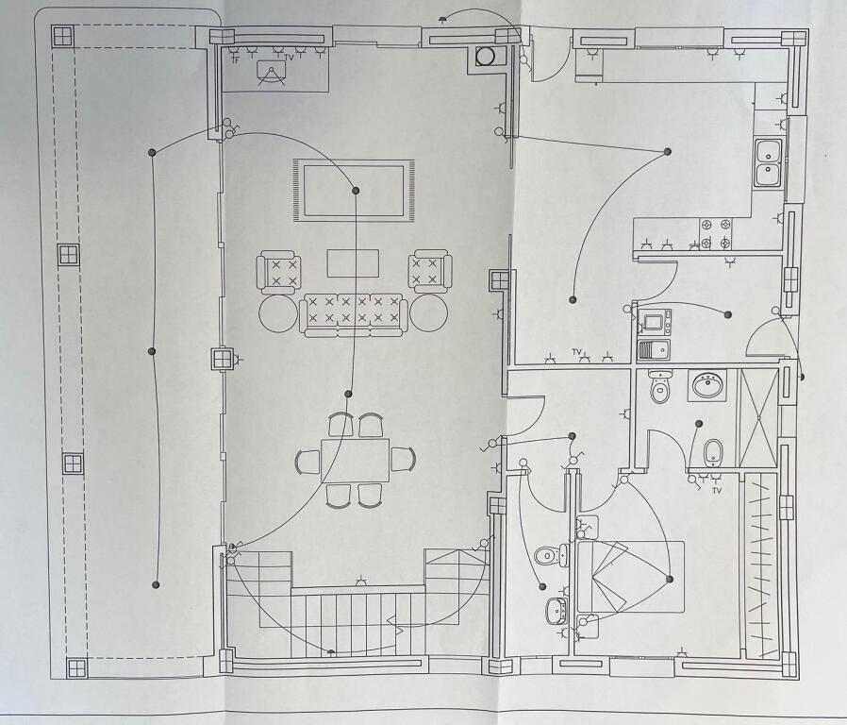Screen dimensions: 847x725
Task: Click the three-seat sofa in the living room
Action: pos(354,315)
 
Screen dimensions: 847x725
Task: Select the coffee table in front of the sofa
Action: pos(353,263)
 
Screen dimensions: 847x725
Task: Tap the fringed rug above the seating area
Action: pos(354,191)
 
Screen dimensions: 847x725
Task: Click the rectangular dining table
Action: pos(355,461)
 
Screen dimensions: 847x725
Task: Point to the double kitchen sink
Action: pos(768,162)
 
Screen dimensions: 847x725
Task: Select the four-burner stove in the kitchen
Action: pos(716,233)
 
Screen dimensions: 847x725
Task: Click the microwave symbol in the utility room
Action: pos(655,322)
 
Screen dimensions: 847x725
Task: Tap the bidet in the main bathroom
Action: pos(713,453)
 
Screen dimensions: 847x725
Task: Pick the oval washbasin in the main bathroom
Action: pos(707,385)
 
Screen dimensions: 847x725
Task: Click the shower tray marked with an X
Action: pos(759,418)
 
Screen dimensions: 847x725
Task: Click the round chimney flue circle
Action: pos(485,57)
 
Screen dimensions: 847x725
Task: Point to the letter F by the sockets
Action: pos(236,60)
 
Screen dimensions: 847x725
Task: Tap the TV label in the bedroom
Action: pos(717,490)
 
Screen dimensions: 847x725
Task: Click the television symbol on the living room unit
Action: pos(271,73)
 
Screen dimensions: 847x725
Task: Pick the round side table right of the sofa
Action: pos(428,313)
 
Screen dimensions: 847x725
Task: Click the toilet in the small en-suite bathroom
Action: pos(551,555)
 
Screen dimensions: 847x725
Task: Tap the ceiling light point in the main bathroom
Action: pos(699,424)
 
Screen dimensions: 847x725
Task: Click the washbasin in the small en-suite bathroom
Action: pos(556,611)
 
